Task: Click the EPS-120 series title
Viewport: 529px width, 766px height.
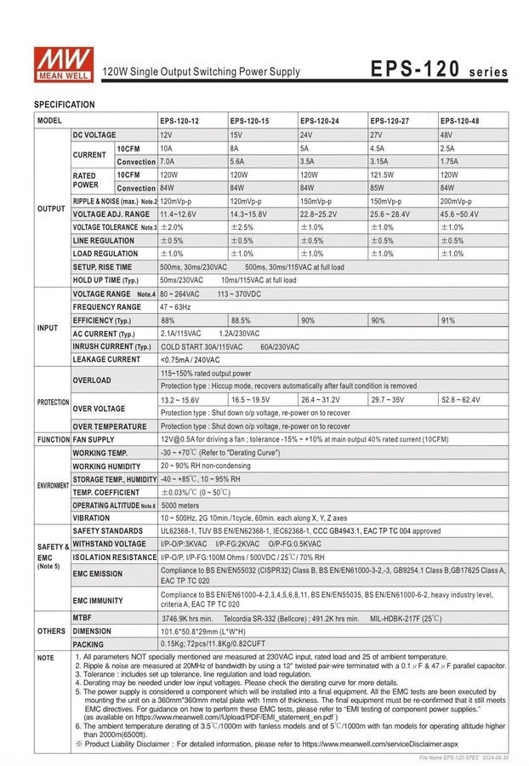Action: coord(440,69)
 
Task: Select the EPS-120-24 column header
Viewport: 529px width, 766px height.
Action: coord(320,121)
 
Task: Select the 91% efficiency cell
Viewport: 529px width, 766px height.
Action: coord(448,320)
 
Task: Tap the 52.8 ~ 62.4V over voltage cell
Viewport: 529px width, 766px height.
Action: coord(460,399)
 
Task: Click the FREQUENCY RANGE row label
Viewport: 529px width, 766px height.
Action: coord(107,306)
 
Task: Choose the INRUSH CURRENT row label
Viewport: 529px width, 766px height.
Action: coord(111,346)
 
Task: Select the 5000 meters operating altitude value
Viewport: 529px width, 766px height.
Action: coord(182,505)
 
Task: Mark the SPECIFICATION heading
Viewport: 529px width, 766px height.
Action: coord(65,104)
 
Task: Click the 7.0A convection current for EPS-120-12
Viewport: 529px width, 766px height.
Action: coord(168,161)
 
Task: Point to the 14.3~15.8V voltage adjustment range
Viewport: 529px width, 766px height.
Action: coord(249,214)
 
